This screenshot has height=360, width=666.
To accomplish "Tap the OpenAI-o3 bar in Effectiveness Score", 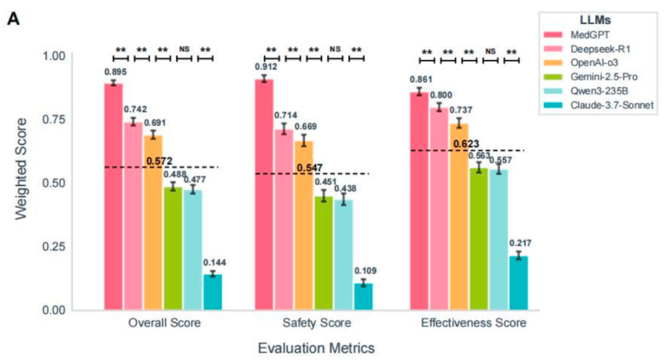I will [x=459, y=216].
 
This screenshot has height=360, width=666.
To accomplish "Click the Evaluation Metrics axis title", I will [x=316, y=348].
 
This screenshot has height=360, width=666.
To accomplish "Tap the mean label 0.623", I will [x=467, y=144].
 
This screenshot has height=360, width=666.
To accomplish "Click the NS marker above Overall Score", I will [x=184, y=49].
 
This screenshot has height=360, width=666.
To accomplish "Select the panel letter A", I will [x=14, y=18].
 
